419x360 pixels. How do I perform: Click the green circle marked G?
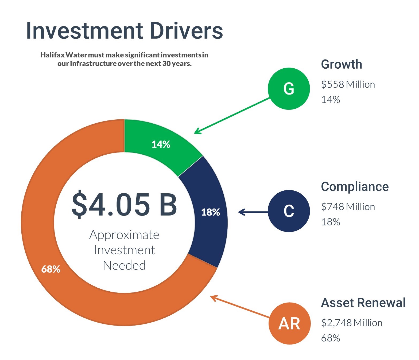click(x=289, y=89)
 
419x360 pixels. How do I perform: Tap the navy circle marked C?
click(x=289, y=211)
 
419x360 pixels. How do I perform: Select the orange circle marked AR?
click(x=289, y=323)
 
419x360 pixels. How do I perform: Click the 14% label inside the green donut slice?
click(x=161, y=144)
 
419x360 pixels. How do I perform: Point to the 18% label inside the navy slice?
click(x=211, y=212)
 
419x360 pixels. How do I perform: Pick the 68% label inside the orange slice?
click(x=51, y=269)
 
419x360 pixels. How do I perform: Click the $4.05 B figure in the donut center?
click(x=124, y=204)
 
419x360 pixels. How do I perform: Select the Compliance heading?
click(x=355, y=187)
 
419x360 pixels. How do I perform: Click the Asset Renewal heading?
click(x=363, y=303)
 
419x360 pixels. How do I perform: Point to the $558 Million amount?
click(x=348, y=84)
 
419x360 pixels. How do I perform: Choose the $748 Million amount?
click(x=348, y=207)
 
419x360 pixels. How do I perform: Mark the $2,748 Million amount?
click(x=352, y=323)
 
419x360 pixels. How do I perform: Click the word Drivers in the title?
click(x=186, y=31)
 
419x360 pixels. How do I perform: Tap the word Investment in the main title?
click(x=84, y=31)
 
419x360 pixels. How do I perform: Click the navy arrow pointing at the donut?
click(x=253, y=212)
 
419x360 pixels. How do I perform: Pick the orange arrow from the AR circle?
click(x=240, y=306)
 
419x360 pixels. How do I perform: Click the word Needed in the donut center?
click(x=124, y=265)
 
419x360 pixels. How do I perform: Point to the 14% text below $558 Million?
click(x=331, y=100)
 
